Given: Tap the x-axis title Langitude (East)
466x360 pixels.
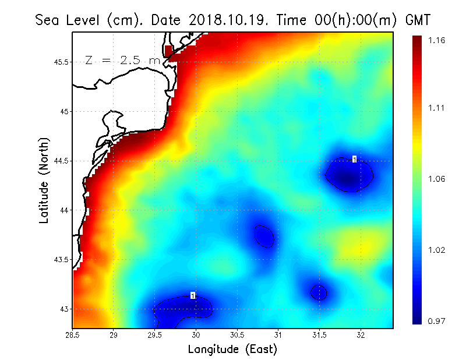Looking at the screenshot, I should (232, 350).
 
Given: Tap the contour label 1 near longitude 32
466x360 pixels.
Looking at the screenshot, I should (354, 159).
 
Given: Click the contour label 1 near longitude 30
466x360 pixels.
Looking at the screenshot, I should (193, 296).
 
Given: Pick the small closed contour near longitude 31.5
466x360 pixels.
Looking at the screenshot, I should (319, 292).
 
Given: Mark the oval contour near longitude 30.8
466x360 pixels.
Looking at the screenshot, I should (264, 236).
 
